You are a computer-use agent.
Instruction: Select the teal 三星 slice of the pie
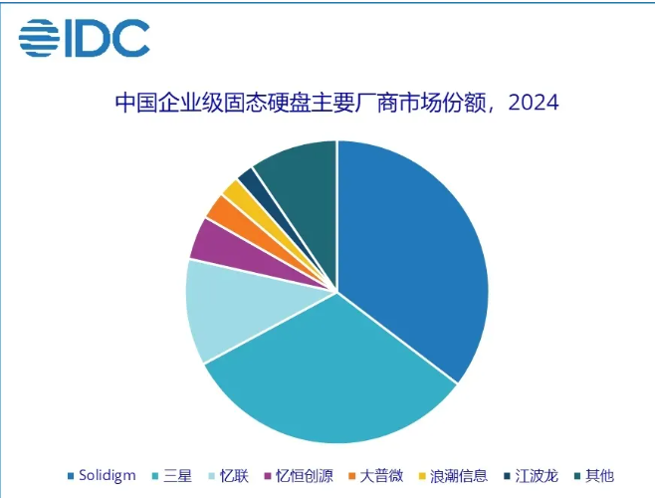[328, 378]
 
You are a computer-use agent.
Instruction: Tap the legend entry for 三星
[175, 475]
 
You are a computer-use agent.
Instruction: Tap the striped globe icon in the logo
[38, 39]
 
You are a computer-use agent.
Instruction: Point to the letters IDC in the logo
[107, 39]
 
